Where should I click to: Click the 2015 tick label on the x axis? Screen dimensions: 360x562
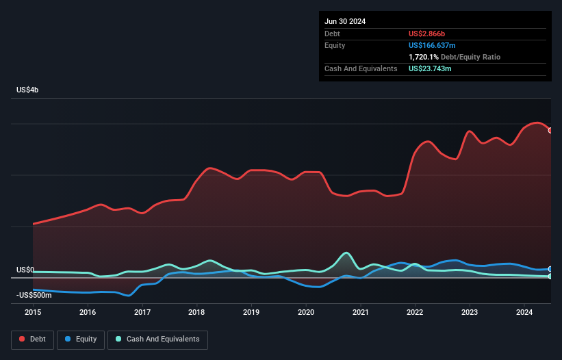coord(33,312)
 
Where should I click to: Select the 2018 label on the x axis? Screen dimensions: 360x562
coord(196,312)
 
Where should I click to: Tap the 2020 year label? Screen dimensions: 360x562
coord(306,312)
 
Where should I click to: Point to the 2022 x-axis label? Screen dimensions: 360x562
coord(415,312)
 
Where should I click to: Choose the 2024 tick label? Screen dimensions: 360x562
coord(524,312)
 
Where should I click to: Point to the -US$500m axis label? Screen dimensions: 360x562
coord(35,295)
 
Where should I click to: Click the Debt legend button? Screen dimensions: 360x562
coord(32,339)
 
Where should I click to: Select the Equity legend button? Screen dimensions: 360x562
coord(81,339)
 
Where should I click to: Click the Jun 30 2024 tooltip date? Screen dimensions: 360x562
coord(345,21)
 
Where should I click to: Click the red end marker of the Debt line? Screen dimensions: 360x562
coord(550,130)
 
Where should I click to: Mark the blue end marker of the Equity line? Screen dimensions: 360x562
coord(550,269)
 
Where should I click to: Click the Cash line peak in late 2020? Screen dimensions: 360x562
coord(347,253)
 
